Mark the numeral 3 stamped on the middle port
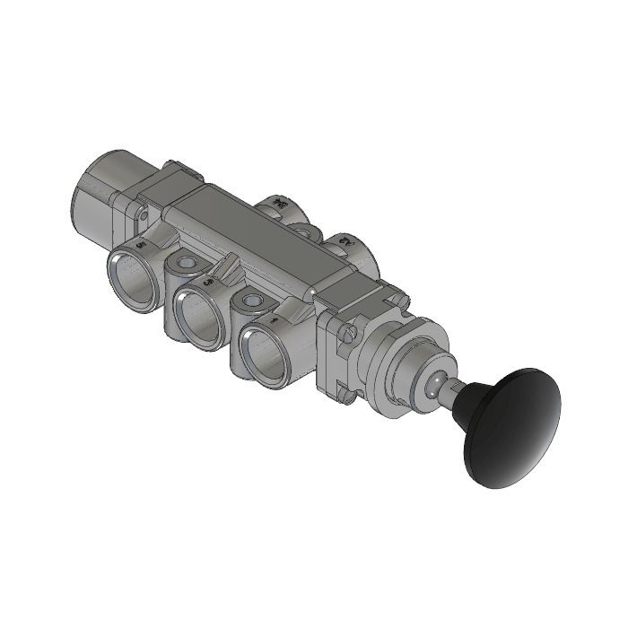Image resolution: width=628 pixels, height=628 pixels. [x=208, y=282]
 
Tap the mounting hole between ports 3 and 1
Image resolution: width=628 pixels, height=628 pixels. [x=249, y=300]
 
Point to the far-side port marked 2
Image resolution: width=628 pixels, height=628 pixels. [x=346, y=244]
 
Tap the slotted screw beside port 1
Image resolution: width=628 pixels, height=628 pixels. [x=350, y=334]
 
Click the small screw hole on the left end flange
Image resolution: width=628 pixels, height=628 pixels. [x=142, y=214]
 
